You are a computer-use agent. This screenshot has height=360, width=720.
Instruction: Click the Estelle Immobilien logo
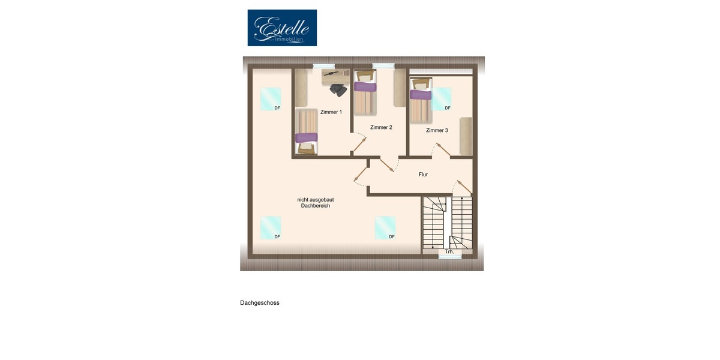[x=282, y=28]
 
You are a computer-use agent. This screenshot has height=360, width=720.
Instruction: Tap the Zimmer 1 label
[x=331, y=112]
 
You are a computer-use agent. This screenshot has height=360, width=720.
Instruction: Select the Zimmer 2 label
[x=381, y=127]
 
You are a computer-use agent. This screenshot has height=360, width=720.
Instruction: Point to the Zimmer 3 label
[x=437, y=130]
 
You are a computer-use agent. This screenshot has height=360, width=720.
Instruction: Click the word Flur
[x=423, y=175]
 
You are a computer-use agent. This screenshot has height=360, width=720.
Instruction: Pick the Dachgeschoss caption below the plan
[x=260, y=303]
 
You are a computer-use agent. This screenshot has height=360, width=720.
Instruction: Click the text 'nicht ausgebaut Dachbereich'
[x=315, y=203]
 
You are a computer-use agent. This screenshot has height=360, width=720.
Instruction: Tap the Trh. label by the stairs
[x=449, y=251]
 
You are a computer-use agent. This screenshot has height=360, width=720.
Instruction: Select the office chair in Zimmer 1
[x=338, y=90]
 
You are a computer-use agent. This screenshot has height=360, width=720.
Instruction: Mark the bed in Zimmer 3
[x=421, y=99]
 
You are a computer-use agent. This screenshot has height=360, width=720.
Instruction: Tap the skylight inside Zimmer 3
[x=442, y=98]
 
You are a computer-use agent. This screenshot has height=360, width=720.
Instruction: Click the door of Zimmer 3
[x=442, y=150]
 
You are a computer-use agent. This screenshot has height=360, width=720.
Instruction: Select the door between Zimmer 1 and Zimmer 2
[x=359, y=145]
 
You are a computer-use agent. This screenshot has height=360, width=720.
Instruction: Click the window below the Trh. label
[x=450, y=257]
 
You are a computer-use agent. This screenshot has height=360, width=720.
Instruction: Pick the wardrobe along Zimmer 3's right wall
[x=466, y=136]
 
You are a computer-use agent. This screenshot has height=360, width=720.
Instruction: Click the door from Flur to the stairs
[x=463, y=187]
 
